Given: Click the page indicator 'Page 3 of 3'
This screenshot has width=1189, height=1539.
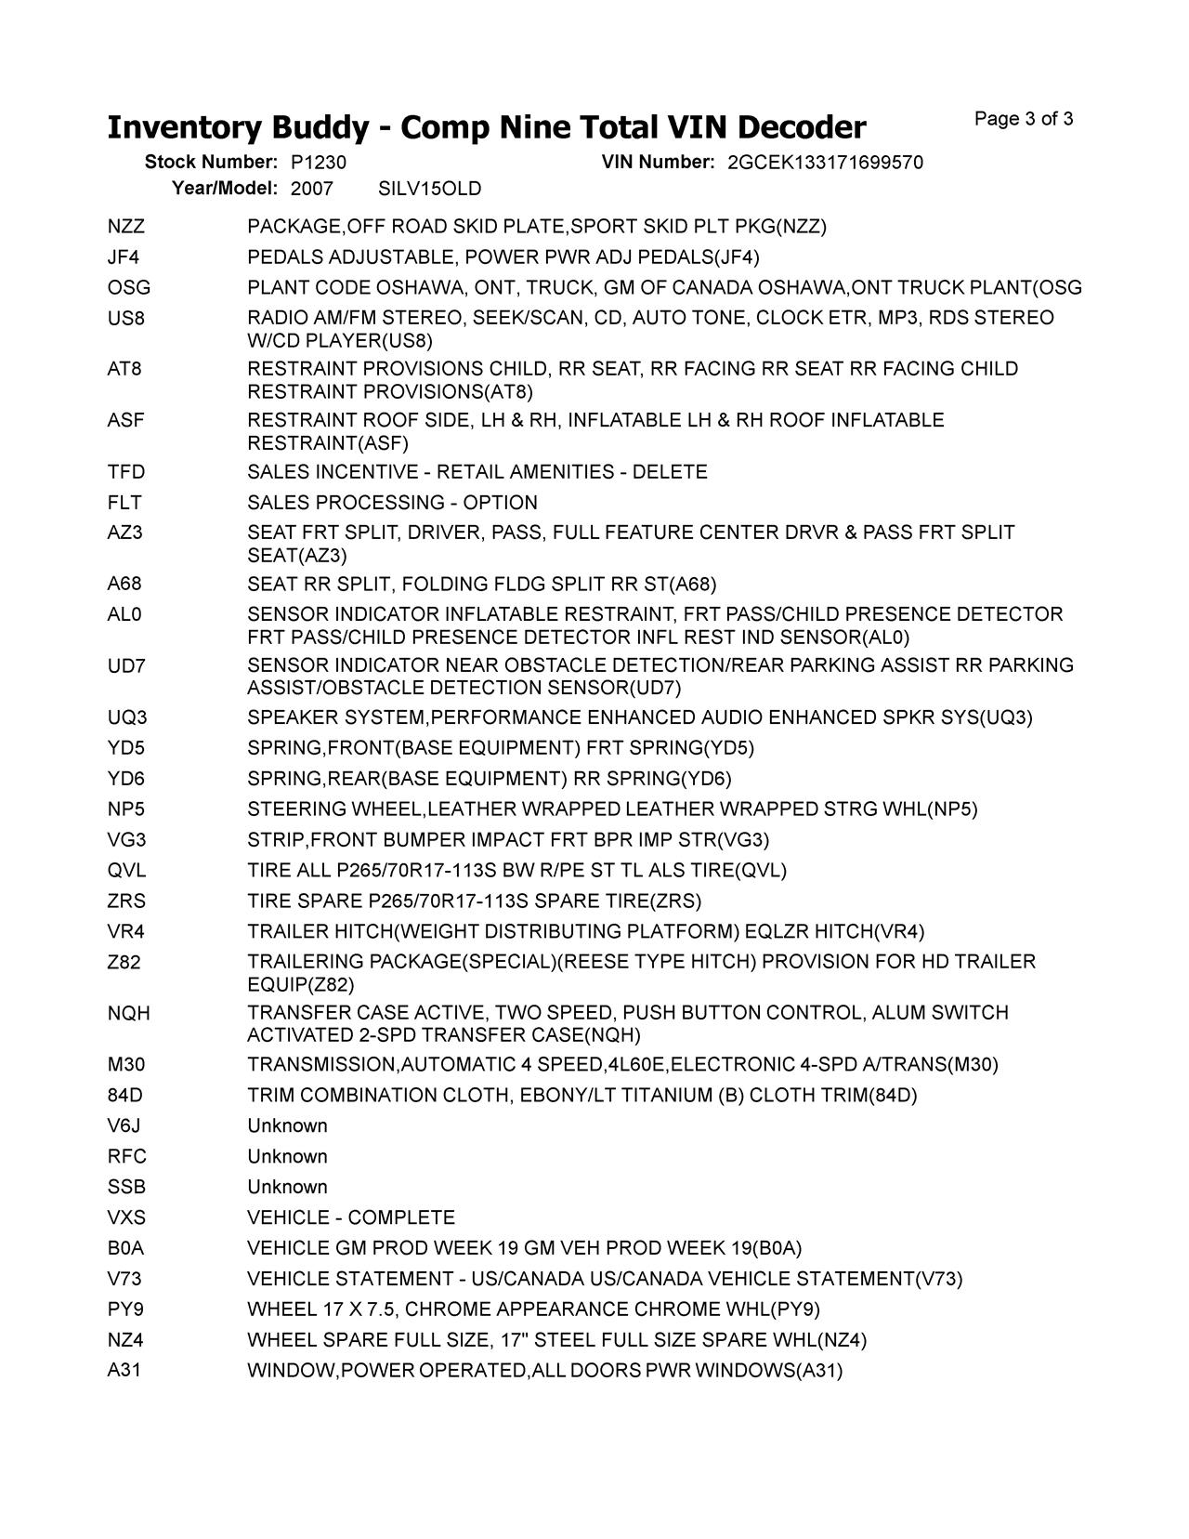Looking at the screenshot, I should coord(1024,119).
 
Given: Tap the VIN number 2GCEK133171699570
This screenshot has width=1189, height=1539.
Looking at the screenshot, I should coord(825,163).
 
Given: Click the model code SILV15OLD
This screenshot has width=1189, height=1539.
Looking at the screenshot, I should coord(430,190).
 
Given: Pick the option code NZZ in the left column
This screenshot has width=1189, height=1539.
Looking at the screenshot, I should coord(125,227).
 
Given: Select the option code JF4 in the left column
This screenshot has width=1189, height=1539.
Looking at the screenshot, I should coord(124,257).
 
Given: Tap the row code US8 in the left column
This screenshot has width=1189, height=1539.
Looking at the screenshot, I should coord(125,319).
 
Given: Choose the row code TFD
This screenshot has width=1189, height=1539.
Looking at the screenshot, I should coord(125,472).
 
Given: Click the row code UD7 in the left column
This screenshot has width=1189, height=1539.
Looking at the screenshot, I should coord(125,666).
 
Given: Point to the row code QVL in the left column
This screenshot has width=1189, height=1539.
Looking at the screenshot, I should coord(126,871).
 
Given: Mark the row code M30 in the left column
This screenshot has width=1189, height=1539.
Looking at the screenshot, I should coord(125,1065).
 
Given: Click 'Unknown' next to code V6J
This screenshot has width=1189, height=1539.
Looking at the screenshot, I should coord(287,1126).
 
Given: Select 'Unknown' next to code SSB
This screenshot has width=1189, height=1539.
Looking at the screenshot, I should coord(287,1188).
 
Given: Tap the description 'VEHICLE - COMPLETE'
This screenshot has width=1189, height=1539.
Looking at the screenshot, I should coord(351,1218).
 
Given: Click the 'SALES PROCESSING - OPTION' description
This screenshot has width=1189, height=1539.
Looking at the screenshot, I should coord(392,503).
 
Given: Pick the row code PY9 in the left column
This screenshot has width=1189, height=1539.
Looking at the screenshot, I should coord(125,1310).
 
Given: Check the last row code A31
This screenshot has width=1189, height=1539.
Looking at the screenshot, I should coord(124,1371).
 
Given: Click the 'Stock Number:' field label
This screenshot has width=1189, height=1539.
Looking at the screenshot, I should coord(211,163).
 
